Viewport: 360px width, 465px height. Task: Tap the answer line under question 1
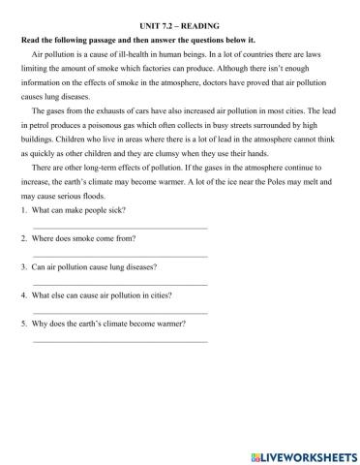(x=120, y=228)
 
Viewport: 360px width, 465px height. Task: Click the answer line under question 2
(x=120, y=256)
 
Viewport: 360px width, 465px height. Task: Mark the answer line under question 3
(x=120, y=284)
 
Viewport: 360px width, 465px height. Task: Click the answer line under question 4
(x=120, y=312)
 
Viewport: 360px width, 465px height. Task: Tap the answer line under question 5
(x=120, y=340)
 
